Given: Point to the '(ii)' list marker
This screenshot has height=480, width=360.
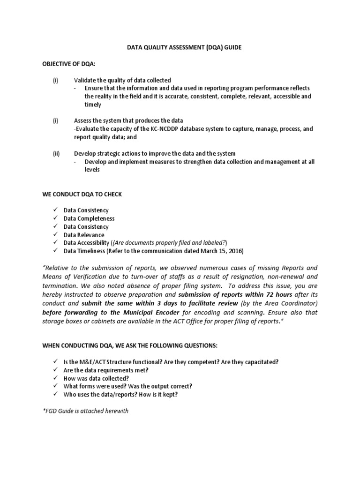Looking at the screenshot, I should (x=56, y=154).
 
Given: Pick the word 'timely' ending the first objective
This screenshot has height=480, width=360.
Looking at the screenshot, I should (x=92, y=105).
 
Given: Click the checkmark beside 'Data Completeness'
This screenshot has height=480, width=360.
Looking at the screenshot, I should (x=55, y=218).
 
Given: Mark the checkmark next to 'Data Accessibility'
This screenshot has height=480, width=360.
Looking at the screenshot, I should (x=55, y=243).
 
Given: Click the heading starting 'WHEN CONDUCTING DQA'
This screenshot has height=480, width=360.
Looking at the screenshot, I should (x=130, y=345).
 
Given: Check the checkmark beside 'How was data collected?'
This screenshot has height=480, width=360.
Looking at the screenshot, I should (x=55, y=378).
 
